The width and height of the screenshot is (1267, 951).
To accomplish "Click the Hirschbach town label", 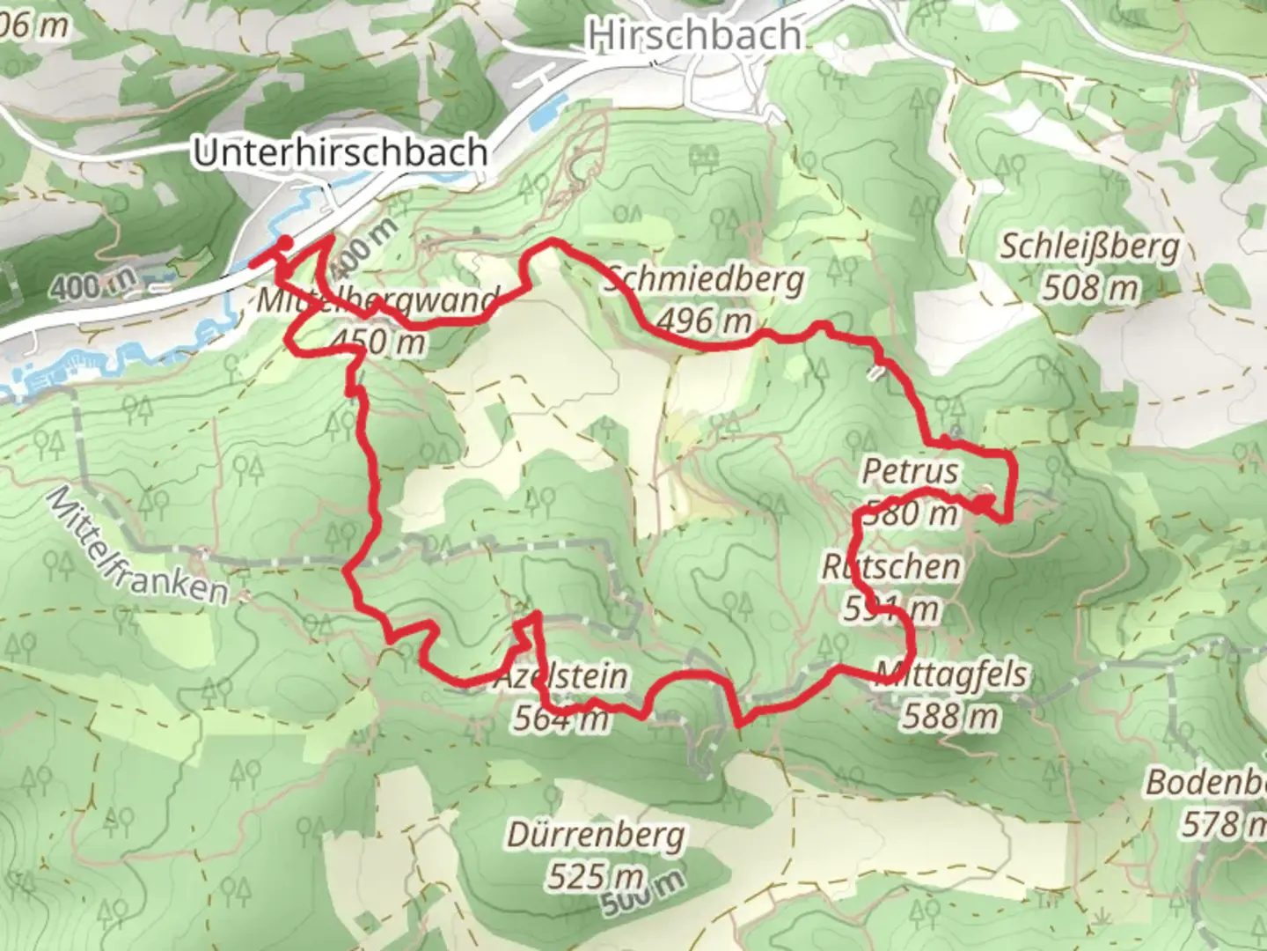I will (x=695, y=35).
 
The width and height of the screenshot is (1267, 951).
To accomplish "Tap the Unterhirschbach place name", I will (x=340, y=152).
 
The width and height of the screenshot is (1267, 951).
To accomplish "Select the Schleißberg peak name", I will (x=1089, y=247).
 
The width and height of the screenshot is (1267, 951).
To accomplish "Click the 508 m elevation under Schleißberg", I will (x=1089, y=287).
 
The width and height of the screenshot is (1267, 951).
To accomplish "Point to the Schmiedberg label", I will (x=704, y=280).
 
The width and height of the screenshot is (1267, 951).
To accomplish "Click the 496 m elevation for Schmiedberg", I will (x=704, y=321).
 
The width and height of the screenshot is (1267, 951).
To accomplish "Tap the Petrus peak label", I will (x=910, y=471).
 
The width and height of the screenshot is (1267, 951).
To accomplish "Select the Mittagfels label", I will (x=951, y=675).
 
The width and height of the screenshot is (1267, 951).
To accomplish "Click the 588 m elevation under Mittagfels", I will (x=950, y=716).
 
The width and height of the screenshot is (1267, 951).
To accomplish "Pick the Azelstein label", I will (x=561, y=677).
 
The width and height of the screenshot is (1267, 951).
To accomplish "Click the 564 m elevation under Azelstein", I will (x=561, y=719).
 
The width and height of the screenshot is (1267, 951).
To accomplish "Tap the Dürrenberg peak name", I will (x=595, y=835).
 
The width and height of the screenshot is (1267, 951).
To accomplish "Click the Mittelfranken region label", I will (x=136, y=548).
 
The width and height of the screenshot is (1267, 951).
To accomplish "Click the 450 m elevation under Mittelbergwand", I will (x=380, y=340).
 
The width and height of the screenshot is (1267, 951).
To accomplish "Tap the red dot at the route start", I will (x=285, y=242).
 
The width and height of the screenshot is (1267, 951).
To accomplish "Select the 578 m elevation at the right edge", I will (x=1223, y=824).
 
